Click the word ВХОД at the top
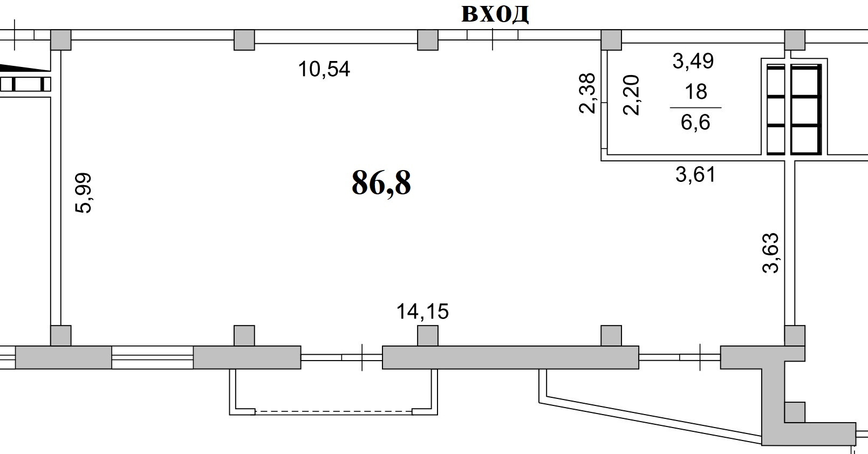point(495,15)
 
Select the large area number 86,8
point(381,183)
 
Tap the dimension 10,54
point(324,70)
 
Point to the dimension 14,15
point(422,311)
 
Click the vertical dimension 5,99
point(83,193)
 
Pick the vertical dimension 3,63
point(770,253)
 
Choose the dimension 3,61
point(695,174)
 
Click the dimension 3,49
point(693,61)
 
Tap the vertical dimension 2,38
point(587,93)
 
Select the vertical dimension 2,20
point(631,95)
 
